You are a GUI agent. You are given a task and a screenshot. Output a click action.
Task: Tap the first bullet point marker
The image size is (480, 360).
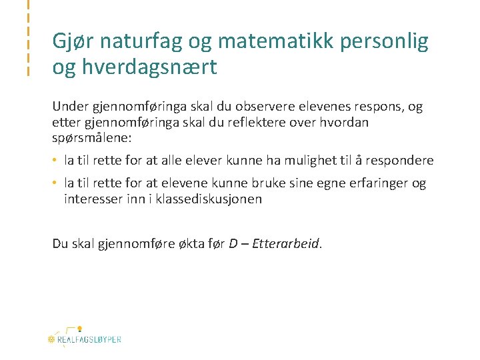[x=56, y=161]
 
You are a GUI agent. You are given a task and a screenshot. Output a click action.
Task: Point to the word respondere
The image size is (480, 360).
[x=401, y=161]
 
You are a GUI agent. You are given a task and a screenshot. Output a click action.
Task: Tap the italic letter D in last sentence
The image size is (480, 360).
[x=233, y=243]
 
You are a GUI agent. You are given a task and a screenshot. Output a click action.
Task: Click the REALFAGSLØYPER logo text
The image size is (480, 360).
[x=89, y=339]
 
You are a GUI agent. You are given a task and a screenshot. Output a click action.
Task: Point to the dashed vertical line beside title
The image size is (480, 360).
[x=28, y=38]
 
